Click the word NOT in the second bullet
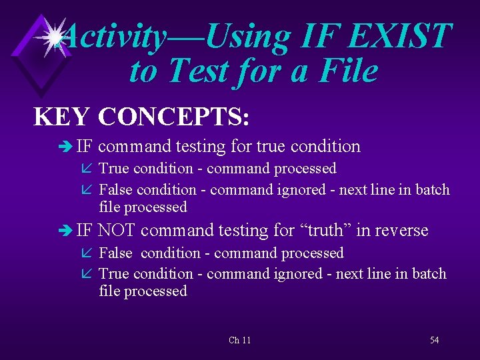tap(117, 231)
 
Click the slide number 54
tap(434, 340)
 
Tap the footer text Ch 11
tap(239, 340)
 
